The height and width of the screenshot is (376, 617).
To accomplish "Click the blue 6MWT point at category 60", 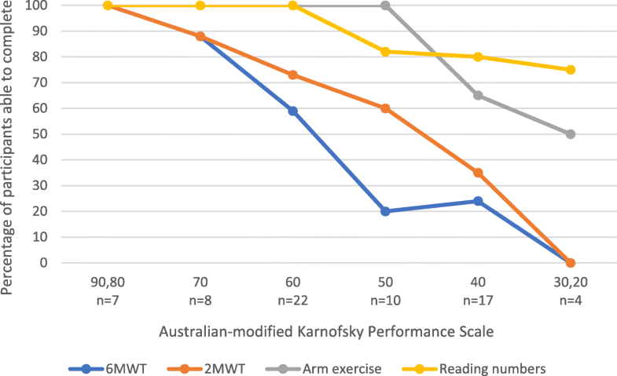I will [293, 111].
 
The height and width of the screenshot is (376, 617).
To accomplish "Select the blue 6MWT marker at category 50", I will [385, 211].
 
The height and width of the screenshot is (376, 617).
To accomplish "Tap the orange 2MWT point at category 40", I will [478, 173].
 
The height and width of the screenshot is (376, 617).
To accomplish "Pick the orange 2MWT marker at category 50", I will [385, 108].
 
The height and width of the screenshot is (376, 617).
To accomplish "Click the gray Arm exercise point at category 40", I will [478, 96].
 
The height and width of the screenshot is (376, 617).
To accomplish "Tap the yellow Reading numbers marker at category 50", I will [385, 52].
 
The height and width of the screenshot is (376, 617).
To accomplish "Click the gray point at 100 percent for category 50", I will [385, 5].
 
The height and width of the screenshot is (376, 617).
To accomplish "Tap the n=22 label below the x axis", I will [293, 299].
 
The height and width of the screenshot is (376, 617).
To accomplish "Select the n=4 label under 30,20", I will [570, 299].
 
